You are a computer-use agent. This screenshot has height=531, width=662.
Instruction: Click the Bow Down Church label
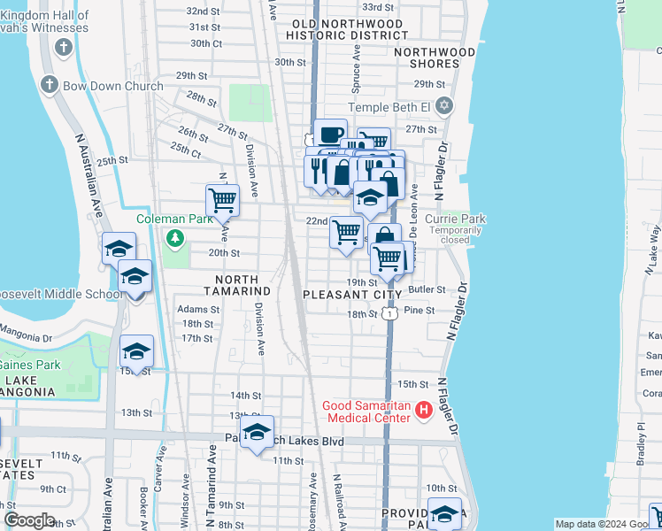tap(112, 86)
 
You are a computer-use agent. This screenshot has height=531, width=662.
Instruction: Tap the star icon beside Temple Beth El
tap(445, 107)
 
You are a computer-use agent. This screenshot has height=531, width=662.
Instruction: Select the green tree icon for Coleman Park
tap(175, 237)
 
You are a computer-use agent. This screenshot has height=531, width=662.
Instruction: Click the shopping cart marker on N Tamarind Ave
tap(222, 199)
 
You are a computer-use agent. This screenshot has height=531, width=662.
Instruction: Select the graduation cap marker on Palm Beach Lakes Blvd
tap(257, 432)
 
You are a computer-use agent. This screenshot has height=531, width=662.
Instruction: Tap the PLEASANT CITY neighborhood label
tap(352, 294)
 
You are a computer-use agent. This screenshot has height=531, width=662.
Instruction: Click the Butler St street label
tap(427, 289)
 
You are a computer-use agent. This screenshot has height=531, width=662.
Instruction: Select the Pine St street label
tap(419, 311)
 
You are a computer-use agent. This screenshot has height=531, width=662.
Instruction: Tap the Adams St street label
tap(198, 309)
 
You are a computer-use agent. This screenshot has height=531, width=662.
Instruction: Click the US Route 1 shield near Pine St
tap(389, 313)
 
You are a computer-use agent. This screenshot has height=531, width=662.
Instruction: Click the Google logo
tap(29, 520)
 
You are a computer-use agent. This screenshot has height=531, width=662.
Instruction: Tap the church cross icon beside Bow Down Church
tap(49, 86)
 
